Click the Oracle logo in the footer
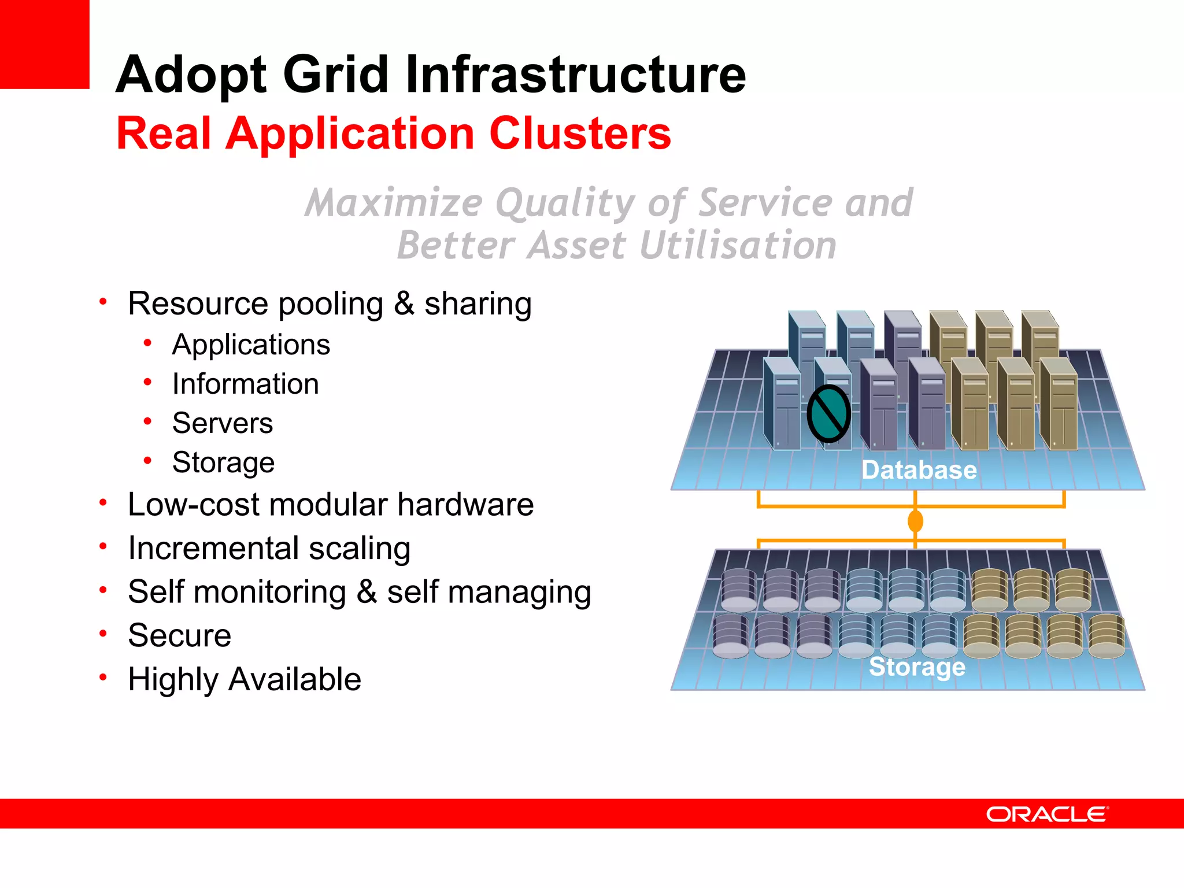pos(1046,814)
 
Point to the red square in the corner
pos(45,44)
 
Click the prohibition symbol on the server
pos(828,414)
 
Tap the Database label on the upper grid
pos(919,469)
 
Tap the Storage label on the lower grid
pos(917,667)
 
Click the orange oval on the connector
pos(915,521)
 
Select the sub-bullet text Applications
pos(251,345)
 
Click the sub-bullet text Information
pos(245,384)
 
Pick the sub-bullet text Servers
pos(222,423)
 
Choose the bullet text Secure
pos(179,635)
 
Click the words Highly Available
pos(245,679)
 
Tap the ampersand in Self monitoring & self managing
pos(367,592)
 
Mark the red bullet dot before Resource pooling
pos(103,301)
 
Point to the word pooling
pos(331,305)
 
